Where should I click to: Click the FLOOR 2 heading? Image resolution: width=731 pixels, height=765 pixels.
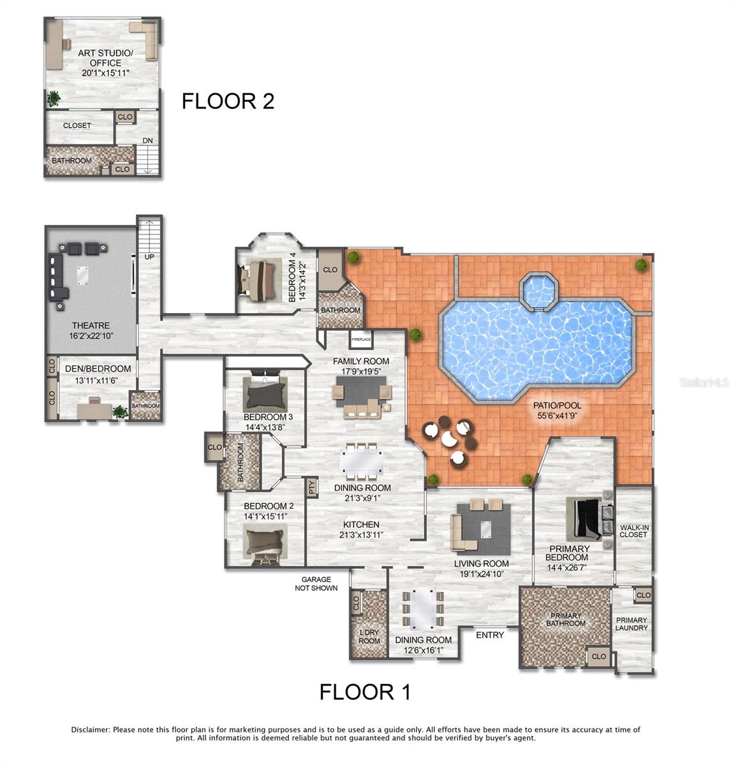(228, 101)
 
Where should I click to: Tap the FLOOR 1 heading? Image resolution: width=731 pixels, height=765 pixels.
(365, 692)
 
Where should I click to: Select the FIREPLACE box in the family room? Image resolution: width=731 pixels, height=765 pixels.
(360, 340)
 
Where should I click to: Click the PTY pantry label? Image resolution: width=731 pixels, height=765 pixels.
(312, 488)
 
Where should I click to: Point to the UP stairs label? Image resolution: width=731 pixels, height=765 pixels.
(149, 257)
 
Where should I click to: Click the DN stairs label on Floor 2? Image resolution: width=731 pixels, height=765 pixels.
(147, 141)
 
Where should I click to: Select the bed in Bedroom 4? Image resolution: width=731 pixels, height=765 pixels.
(260, 279)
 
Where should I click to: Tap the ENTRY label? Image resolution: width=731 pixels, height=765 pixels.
(490, 635)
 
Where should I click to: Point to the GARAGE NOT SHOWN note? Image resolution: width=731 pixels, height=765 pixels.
(316, 584)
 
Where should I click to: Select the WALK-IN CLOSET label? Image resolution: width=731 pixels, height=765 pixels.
(633, 531)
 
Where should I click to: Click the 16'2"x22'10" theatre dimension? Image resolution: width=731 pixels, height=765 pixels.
(91, 336)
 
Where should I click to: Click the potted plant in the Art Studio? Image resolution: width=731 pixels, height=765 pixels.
(54, 98)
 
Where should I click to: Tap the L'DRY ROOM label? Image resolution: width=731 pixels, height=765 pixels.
(369, 637)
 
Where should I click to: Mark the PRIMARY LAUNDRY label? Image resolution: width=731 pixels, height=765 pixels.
(631, 623)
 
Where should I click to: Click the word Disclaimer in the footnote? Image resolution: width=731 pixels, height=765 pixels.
(91, 729)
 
